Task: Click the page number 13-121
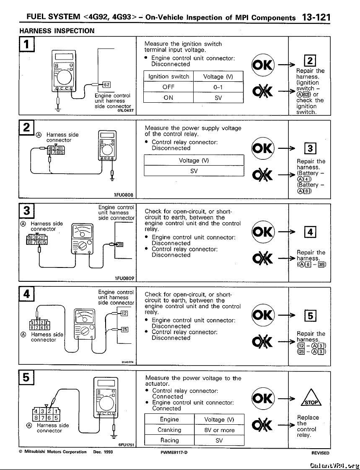pos(316,17)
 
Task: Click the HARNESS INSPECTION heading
pos(57,31)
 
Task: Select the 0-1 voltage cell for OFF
pos(218,87)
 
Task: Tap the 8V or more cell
pos(219,430)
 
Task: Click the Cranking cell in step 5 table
pos(169,430)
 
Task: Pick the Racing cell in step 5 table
pos(169,440)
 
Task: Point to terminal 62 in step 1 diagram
pos(106,84)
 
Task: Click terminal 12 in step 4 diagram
pos(124,313)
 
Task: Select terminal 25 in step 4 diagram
pos(124,329)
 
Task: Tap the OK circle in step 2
pos(263,148)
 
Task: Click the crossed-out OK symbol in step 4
pos(263,341)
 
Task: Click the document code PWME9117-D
pos(174,452)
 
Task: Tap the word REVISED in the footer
pos(320,453)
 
